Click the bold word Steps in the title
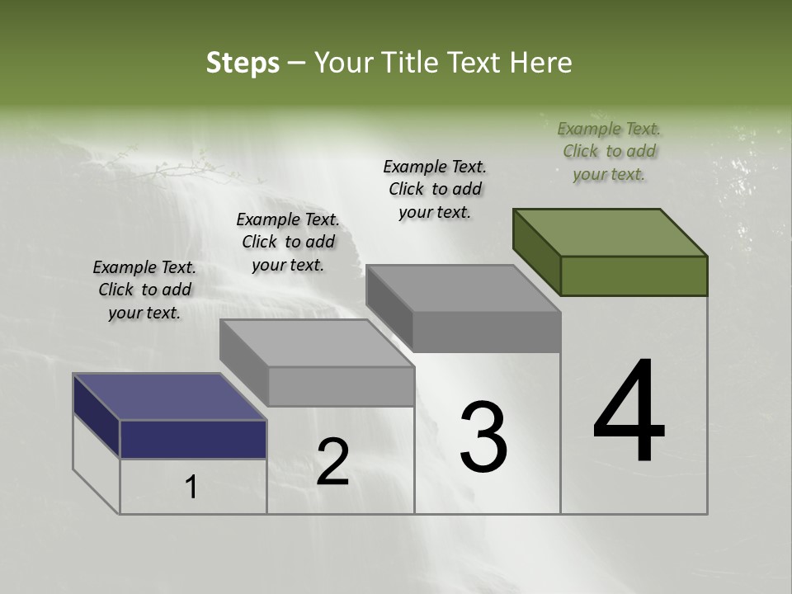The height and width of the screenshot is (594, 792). click(x=243, y=63)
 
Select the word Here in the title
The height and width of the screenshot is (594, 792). click(x=542, y=63)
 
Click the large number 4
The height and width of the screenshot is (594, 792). click(x=629, y=412)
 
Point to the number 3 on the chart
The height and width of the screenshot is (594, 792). click(x=483, y=437)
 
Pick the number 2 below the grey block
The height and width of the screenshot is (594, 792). click(x=332, y=462)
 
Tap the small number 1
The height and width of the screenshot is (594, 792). click(x=191, y=488)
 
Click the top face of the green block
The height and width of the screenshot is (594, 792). click(x=610, y=232)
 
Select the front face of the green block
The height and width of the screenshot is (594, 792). click(x=634, y=276)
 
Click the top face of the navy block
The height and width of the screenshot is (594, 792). click(x=169, y=397)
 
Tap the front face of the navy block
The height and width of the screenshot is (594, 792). click(x=193, y=439)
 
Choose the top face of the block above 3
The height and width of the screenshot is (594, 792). click(x=463, y=289)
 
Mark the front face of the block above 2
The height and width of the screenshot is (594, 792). click(x=341, y=386)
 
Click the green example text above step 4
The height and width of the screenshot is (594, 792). click(x=609, y=151)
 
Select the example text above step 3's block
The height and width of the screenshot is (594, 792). click(x=435, y=189)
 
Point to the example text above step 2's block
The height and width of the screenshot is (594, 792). click(x=288, y=242)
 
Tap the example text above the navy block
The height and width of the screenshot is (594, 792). click(x=144, y=290)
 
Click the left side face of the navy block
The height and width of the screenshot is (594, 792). click(x=96, y=415)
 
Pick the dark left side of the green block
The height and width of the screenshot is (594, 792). click(x=536, y=252)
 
